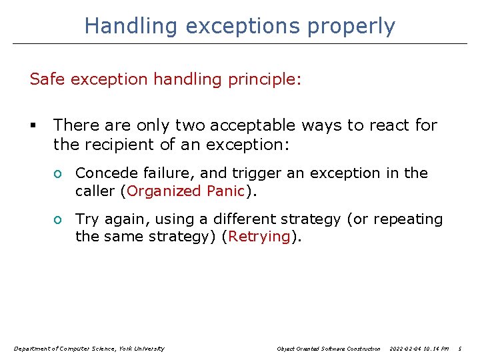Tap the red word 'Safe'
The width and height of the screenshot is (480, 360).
point(46,79)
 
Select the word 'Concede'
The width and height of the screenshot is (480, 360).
point(103,173)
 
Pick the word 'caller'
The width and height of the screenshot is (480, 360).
point(95,191)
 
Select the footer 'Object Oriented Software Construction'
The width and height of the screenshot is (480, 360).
point(329,349)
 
